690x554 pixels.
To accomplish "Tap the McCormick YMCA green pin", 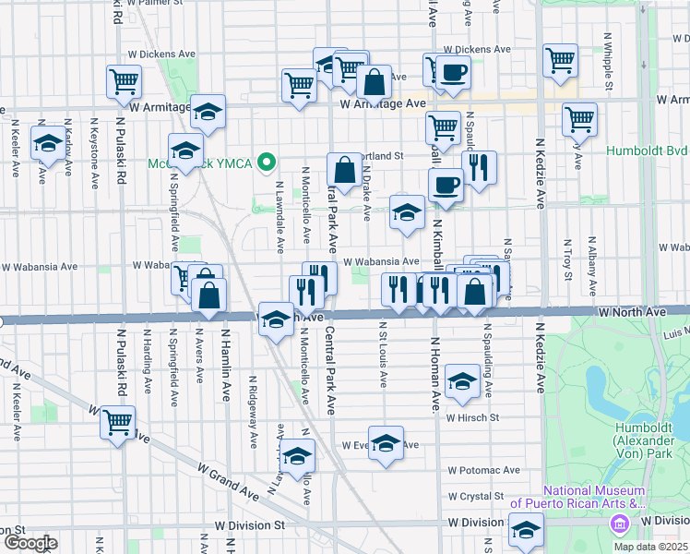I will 268,164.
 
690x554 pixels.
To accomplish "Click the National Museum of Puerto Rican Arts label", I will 593,497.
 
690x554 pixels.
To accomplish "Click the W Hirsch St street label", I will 472,417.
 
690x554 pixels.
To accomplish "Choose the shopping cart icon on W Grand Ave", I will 118,423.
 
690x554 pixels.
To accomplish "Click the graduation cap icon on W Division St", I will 527,530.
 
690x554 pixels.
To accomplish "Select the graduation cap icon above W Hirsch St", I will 460,380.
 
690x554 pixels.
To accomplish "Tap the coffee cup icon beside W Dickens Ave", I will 452,71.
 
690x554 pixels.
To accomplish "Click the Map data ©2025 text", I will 651,547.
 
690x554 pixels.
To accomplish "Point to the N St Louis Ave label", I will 380,354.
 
